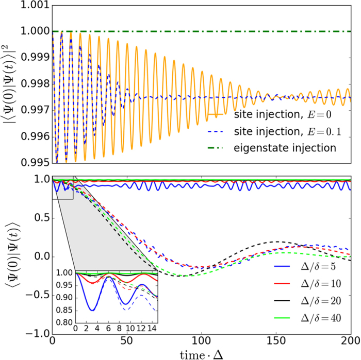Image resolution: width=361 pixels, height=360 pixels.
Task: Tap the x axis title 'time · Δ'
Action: [x=201, y=353]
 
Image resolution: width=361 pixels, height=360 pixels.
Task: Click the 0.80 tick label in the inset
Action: [x=66, y=323]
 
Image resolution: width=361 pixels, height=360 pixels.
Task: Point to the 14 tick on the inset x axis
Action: [x=150, y=328]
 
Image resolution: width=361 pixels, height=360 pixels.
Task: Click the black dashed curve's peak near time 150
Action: [x=278, y=242]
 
